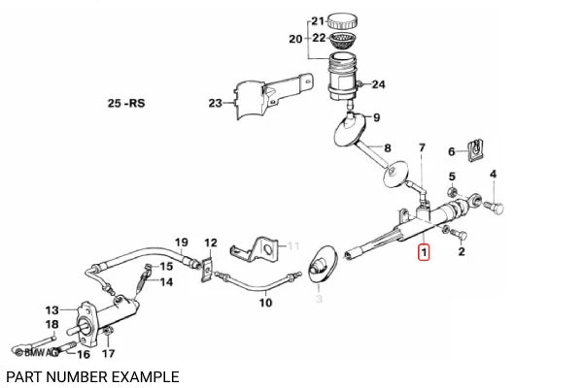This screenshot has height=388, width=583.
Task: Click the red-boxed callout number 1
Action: click(x=422, y=254)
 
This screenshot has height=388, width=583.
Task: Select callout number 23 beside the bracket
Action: click(x=216, y=104)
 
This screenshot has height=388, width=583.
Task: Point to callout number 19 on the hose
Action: click(x=180, y=242)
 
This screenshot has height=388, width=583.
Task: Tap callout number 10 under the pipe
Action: click(x=265, y=303)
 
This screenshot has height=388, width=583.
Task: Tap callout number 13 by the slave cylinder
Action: click(x=51, y=309)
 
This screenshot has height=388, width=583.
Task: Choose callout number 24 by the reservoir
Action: click(x=378, y=84)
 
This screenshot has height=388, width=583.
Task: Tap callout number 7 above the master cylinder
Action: click(x=422, y=147)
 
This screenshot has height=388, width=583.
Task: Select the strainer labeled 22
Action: click(x=341, y=41)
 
